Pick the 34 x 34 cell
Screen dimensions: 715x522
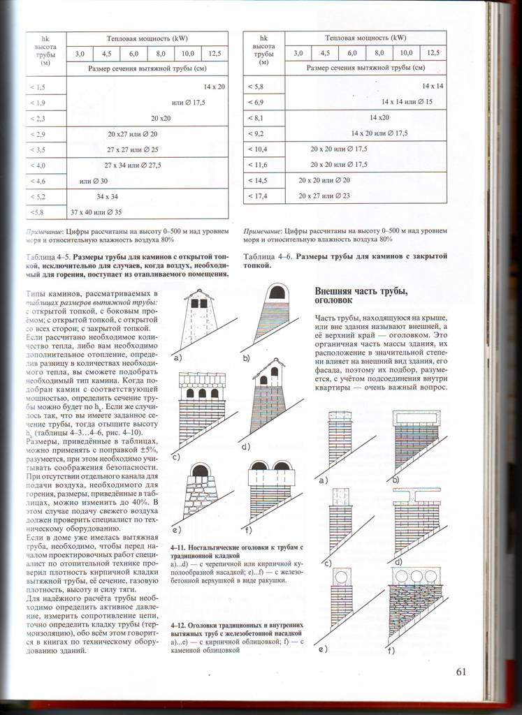click(x=107, y=196)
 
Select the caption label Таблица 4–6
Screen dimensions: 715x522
click(x=267, y=257)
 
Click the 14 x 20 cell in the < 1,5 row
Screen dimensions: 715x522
click(x=215, y=87)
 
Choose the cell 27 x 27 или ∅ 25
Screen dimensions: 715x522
click(x=133, y=149)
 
